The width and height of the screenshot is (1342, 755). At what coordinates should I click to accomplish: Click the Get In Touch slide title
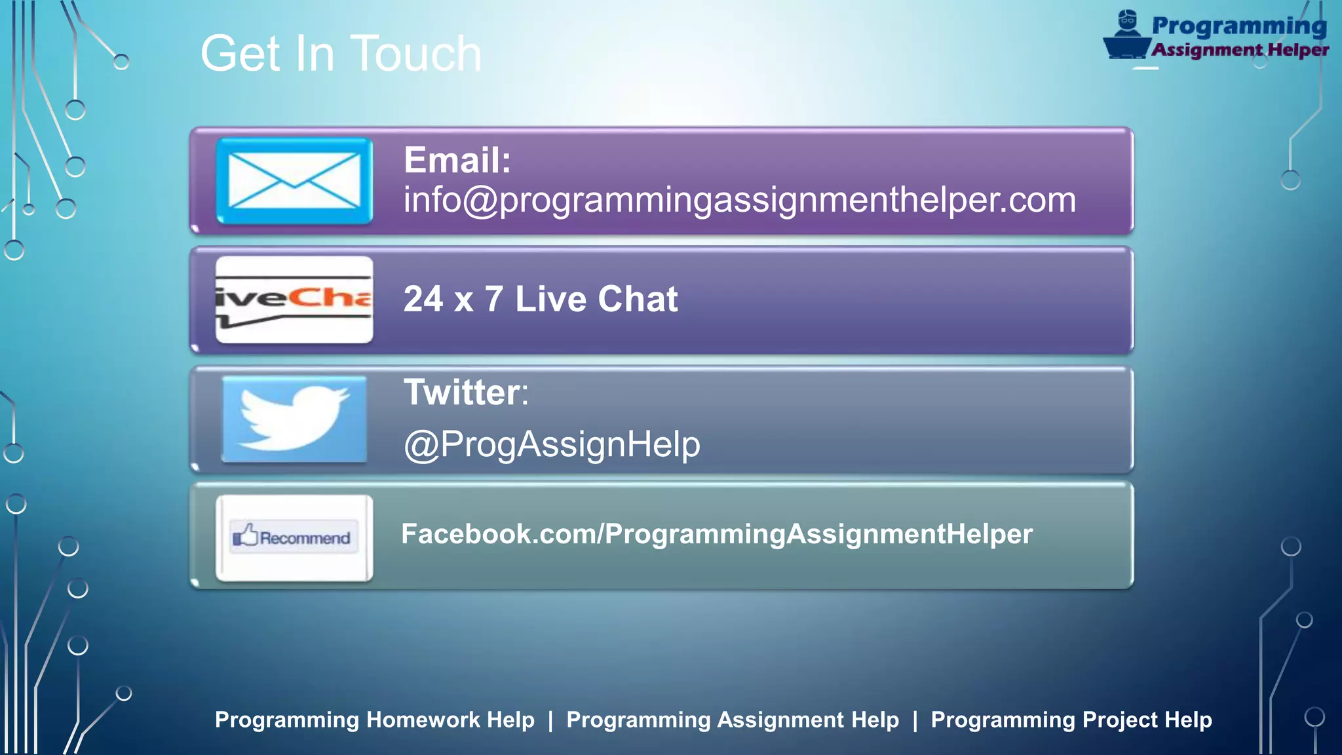click(x=341, y=54)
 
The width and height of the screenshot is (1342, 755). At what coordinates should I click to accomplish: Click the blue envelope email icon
click(x=294, y=181)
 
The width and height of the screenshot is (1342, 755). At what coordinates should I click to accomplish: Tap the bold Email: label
click(x=457, y=160)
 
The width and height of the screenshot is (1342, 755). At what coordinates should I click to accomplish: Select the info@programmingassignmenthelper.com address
click(x=739, y=200)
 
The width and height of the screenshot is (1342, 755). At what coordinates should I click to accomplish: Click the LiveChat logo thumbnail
click(x=294, y=300)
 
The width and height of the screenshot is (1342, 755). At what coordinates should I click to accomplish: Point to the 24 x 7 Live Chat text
click(x=540, y=300)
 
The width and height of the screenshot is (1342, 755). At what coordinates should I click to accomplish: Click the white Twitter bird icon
click(x=294, y=419)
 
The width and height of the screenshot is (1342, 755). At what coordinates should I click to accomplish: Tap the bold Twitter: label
click(x=465, y=393)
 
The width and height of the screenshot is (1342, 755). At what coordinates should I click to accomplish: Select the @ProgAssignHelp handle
click(x=552, y=444)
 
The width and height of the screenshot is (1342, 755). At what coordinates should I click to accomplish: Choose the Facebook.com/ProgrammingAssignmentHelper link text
click(x=716, y=534)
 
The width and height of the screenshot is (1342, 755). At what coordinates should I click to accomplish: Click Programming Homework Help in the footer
click(x=374, y=720)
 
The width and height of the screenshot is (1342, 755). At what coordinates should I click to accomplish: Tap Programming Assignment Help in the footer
click(x=732, y=720)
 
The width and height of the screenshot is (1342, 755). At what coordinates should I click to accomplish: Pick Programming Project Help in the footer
click(x=1071, y=720)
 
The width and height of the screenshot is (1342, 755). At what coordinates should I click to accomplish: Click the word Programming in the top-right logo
click(x=1238, y=26)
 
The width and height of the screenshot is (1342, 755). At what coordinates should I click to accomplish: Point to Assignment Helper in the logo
click(x=1240, y=50)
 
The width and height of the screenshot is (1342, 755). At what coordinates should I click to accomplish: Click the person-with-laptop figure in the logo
click(x=1126, y=37)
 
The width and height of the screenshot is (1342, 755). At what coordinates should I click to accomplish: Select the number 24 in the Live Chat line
click(x=423, y=300)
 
